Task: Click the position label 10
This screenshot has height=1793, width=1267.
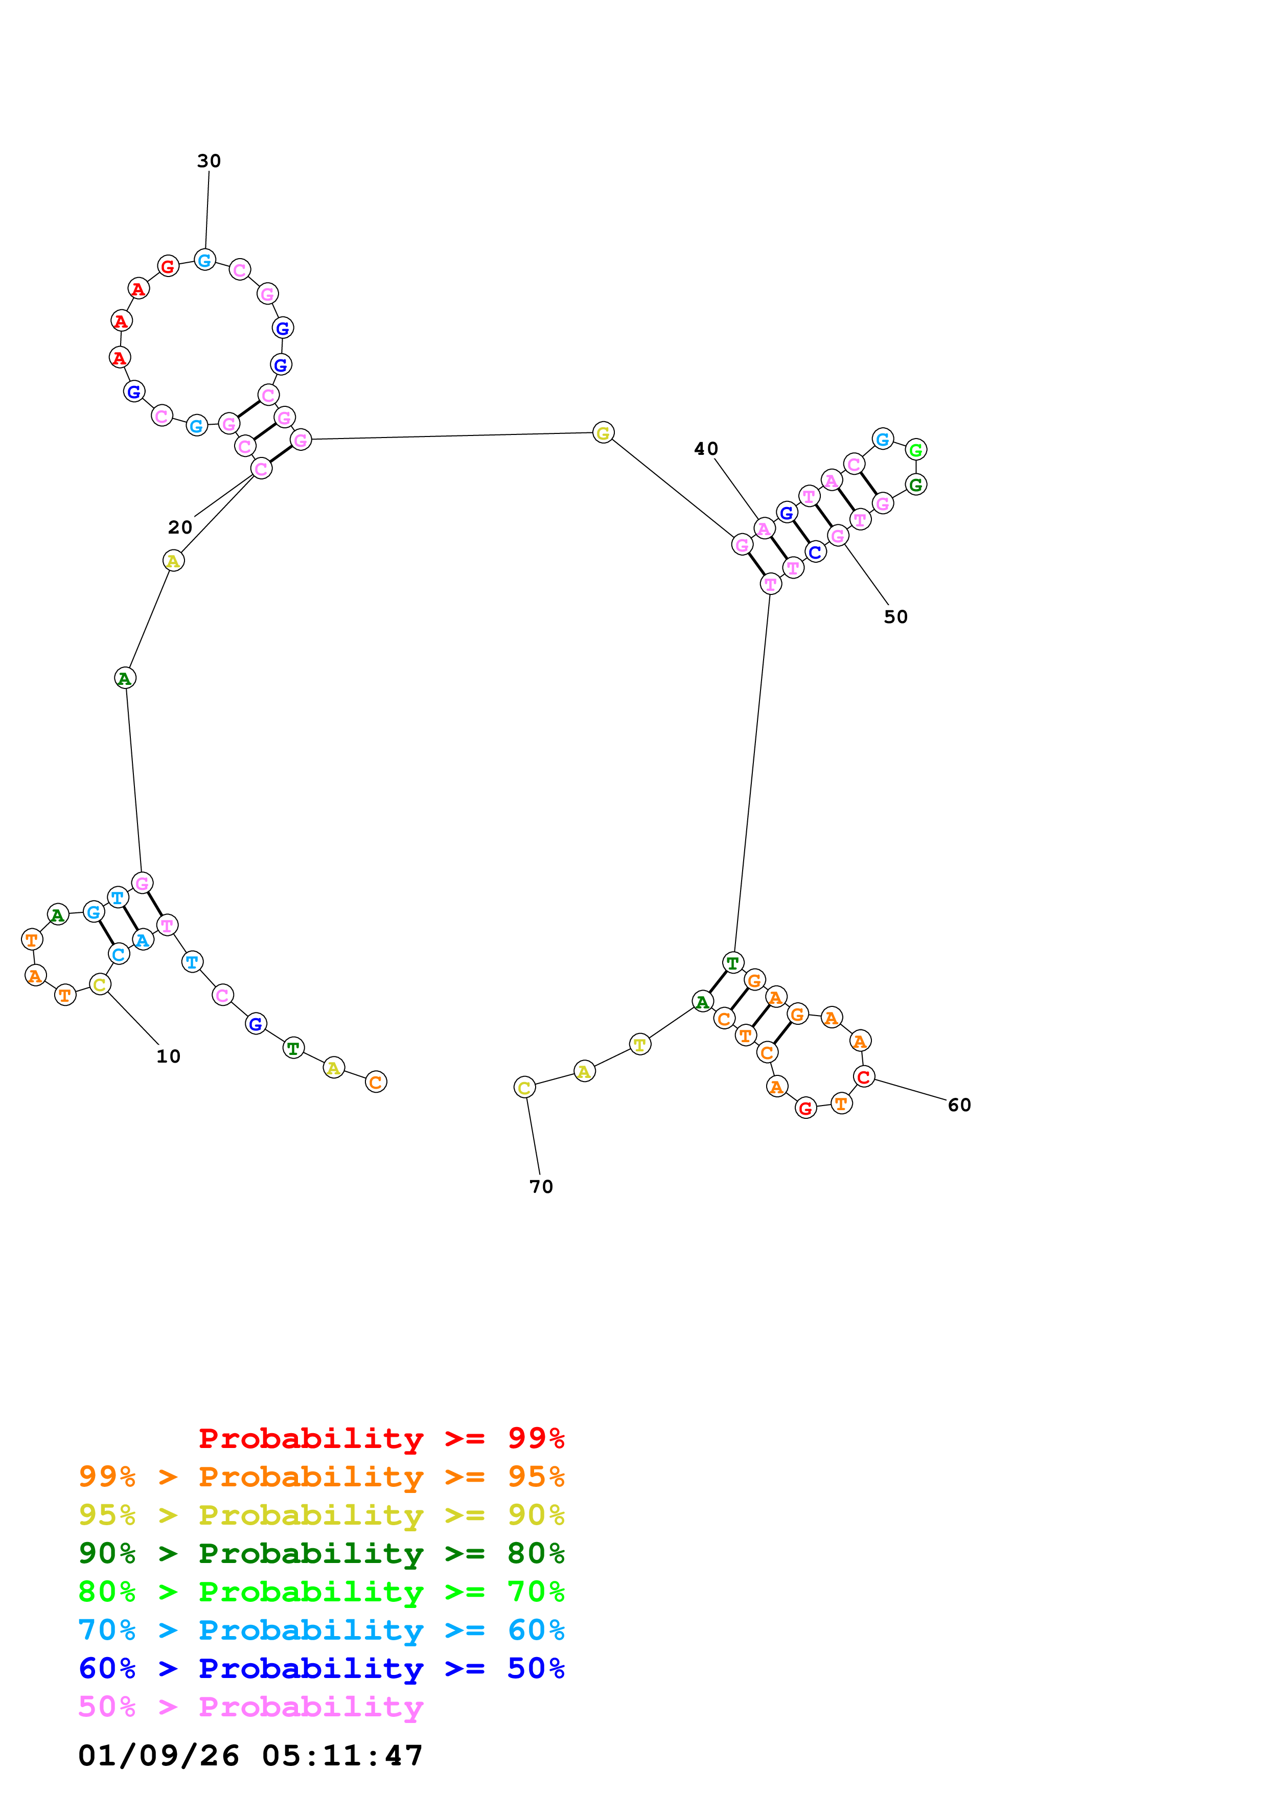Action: click(168, 1056)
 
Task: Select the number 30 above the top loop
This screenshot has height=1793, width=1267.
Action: click(209, 161)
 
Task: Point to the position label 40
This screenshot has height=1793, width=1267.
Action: click(706, 449)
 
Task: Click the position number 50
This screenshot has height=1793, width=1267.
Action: click(895, 617)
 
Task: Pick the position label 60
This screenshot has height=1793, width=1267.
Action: click(959, 1105)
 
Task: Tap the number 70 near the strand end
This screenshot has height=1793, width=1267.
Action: click(541, 1187)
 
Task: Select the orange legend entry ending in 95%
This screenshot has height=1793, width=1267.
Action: click(321, 1477)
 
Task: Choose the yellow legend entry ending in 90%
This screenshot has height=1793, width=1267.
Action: click(321, 1515)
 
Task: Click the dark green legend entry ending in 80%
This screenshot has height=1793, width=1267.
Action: click(321, 1553)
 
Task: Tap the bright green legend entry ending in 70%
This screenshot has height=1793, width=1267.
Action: click(321, 1592)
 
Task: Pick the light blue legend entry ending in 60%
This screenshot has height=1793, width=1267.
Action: click(321, 1630)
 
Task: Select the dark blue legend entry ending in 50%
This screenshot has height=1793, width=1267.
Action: click(321, 1668)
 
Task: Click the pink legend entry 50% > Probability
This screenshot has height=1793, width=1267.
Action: click(250, 1706)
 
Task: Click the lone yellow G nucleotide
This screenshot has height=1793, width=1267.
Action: click(603, 432)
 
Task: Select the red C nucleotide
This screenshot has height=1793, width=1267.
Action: click(863, 1077)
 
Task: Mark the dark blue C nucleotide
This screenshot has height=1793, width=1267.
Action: click(815, 552)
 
